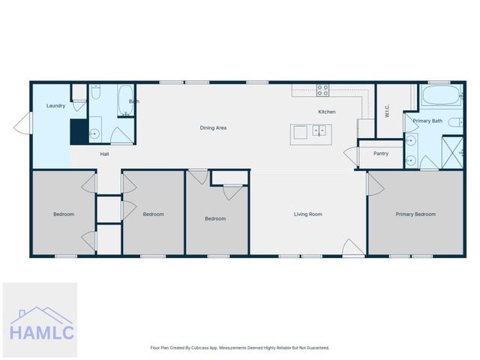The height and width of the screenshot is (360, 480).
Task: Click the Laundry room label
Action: coord(55,106)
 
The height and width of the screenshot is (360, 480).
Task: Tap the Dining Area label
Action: coord(213,127)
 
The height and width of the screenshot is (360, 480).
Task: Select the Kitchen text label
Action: coord(326,112)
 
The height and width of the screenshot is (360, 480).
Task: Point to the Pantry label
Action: coord(381,154)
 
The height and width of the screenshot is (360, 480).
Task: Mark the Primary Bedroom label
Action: coord(415,214)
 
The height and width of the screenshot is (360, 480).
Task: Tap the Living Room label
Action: coord(307,214)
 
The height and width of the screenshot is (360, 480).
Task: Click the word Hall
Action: coord(105,154)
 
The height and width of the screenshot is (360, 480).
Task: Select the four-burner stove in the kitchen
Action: coord(323,90)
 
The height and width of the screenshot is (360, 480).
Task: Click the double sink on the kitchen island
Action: coord(319,133)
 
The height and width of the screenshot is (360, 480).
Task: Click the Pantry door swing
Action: coord(351,155)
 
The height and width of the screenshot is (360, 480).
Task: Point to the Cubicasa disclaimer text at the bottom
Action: coord(240,348)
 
